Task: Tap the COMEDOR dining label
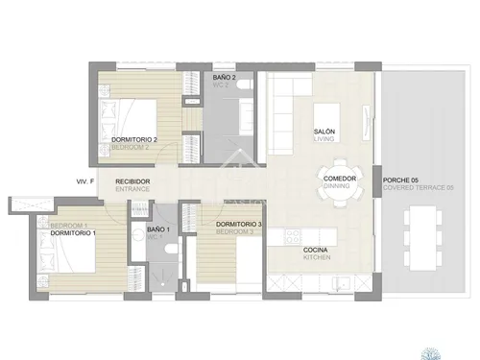click(x=341, y=179)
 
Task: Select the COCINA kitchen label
click(x=318, y=252)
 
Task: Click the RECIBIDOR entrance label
click(x=132, y=181)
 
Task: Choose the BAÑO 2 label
click(x=224, y=77)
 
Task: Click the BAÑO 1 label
click(x=158, y=231)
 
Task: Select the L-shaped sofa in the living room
click(x=285, y=110)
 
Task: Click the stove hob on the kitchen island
click(x=293, y=234)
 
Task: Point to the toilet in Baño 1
click(x=169, y=251)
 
